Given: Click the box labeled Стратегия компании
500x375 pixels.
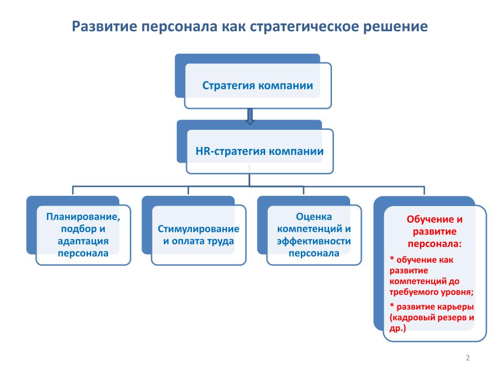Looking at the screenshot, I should (258, 85).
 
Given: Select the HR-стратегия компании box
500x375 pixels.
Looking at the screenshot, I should (259, 151).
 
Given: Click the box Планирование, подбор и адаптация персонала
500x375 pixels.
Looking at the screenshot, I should (83, 234).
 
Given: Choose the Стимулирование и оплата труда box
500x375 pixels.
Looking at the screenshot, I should (198, 235).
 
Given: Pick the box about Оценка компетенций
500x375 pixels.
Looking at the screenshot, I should (314, 234).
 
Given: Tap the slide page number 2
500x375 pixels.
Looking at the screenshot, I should (468, 358).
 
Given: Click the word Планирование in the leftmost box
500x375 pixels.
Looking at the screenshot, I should (83, 216).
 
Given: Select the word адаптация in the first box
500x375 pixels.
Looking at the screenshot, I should (83, 241).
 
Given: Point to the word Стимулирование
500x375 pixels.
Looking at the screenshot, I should (198, 229).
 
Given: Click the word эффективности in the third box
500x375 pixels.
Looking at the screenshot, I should (314, 241).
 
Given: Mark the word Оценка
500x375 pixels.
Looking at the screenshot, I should (314, 216).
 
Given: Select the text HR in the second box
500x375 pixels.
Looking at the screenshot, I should (202, 151).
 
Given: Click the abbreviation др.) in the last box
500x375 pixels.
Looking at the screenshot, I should (397, 329).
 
